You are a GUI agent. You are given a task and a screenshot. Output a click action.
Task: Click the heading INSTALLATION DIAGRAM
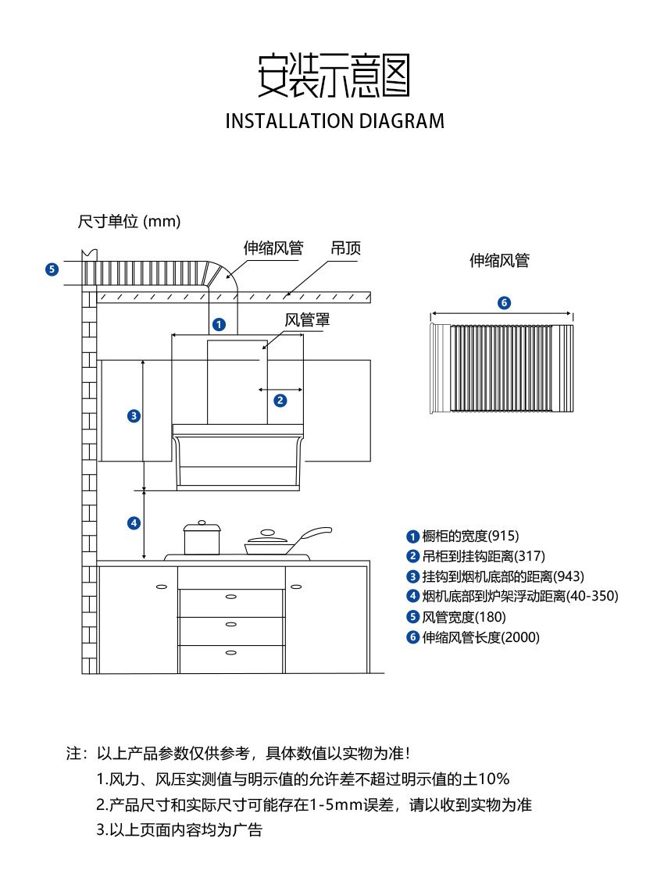click(x=334, y=121)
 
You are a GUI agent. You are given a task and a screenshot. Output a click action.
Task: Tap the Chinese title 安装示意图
click(x=334, y=76)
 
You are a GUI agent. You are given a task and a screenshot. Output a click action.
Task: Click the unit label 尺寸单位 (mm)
click(x=129, y=222)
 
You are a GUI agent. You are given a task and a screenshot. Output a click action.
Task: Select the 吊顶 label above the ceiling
click(x=346, y=248)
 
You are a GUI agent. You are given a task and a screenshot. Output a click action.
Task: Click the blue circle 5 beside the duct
click(x=52, y=269)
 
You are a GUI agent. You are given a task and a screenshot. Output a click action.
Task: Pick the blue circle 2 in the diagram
click(x=280, y=401)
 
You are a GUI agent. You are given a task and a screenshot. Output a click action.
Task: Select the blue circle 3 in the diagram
click(x=134, y=415)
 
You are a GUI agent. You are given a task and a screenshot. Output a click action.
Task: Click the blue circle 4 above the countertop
click(x=134, y=522)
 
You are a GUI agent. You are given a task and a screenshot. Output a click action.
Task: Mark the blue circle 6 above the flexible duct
click(x=503, y=303)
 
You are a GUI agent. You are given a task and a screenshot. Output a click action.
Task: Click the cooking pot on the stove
click(x=202, y=538)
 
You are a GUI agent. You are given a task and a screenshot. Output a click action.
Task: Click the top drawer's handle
click(x=231, y=597)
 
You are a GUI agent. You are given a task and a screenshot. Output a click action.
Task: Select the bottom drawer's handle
click(x=231, y=650)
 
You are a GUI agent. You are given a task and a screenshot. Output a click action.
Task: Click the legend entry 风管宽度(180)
click(x=456, y=617)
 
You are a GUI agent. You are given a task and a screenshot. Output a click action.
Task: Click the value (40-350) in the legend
click(x=592, y=597)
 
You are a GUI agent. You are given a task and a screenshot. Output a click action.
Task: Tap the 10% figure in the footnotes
click(x=494, y=779)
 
